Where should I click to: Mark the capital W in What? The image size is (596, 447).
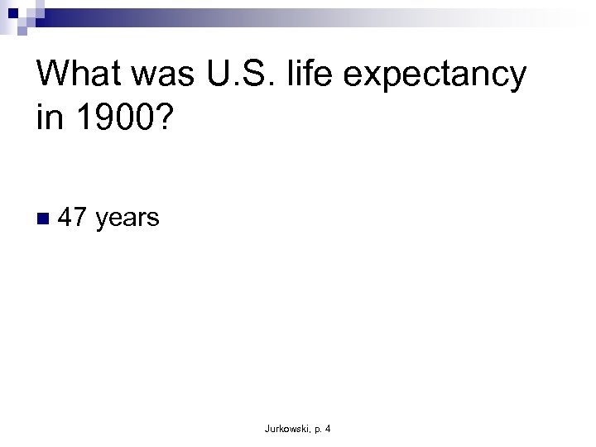(x=55, y=75)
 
